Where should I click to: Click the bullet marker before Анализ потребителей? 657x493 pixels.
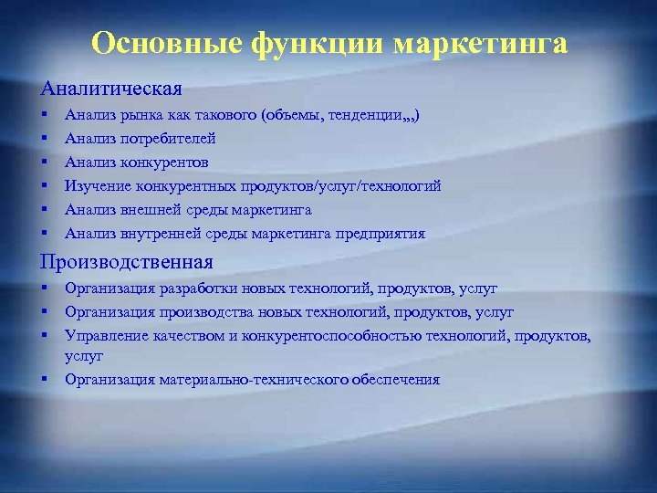44,140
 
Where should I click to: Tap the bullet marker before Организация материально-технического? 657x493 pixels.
44,379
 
